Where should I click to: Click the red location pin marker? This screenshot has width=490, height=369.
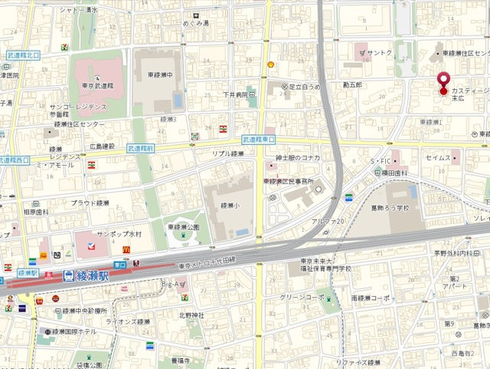click(443, 81)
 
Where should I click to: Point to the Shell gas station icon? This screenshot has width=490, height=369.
click(269, 64)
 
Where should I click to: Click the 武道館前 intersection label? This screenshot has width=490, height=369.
click(141, 147)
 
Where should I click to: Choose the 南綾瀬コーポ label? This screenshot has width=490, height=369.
click(371, 297)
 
